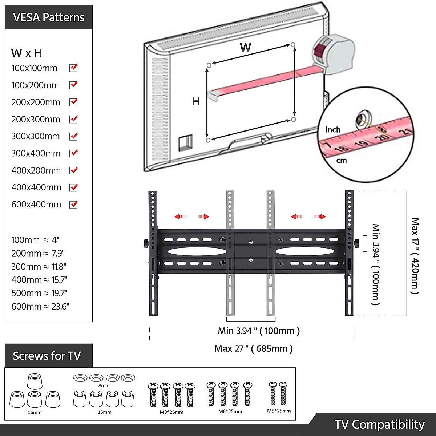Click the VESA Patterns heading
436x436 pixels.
coord(49,17)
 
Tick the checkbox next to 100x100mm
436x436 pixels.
coord(73,68)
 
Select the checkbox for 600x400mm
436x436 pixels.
coord(73,205)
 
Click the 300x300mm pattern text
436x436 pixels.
coord(36,136)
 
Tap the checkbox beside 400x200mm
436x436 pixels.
coord(73,170)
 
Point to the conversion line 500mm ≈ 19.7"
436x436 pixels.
coord(39,293)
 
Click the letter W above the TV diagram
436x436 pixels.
coord(246,47)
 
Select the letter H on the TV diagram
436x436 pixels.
coord(196,101)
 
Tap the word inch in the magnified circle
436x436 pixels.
coord(333,130)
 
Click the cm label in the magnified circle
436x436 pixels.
coord(341,160)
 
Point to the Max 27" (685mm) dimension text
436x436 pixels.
coord(253,348)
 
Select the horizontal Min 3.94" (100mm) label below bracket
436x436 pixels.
coord(259,331)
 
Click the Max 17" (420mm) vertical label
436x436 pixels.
coord(415,256)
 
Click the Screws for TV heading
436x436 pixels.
coord(47,356)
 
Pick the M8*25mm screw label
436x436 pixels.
coord(171,412)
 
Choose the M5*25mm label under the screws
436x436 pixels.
coord(279,411)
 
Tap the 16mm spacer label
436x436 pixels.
coord(35,412)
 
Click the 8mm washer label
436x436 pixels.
coord(104,385)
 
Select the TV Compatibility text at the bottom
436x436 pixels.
coord(379,424)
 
